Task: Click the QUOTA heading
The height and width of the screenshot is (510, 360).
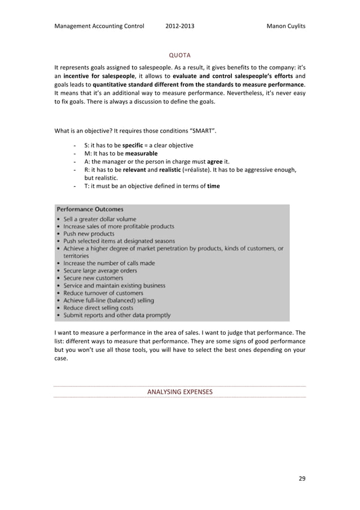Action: (x=180, y=55)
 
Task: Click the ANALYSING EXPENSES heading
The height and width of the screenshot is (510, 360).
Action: (x=179, y=391)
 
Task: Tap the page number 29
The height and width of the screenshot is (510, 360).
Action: (x=302, y=478)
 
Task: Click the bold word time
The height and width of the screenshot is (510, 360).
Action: (x=214, y=186)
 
